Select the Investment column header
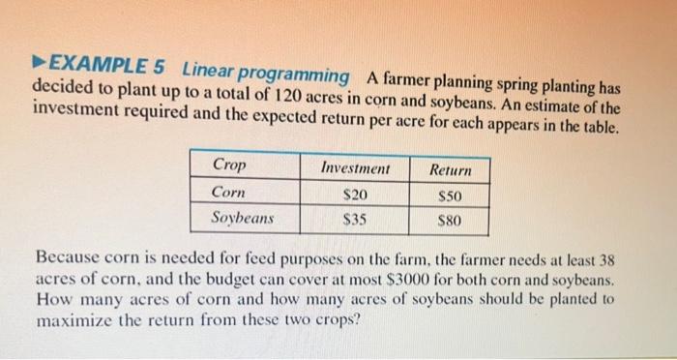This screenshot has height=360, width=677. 354,168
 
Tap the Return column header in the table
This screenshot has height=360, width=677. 450,170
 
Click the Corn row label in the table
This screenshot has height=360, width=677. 228,192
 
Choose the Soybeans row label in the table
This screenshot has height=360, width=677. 243,217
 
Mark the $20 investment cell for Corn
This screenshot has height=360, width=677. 356,195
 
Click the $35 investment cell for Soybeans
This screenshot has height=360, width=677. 355,219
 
